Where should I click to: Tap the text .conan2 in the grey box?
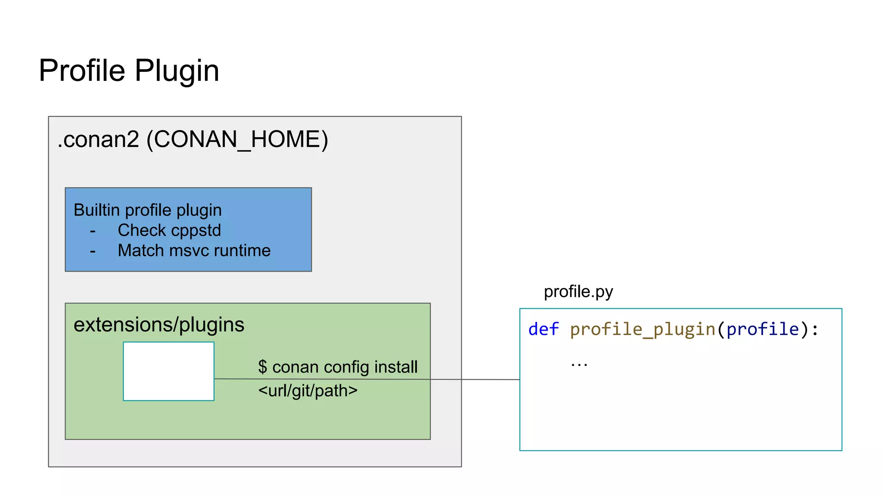point(99,139)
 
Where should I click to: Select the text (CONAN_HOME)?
point(237,139)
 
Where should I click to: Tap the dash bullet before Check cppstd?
point(93,231)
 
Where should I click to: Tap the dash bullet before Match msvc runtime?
point(93,251)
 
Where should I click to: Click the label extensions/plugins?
point(159,325)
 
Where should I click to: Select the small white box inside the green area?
point(168,371)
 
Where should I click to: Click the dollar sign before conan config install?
point(263,367)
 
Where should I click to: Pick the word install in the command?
point(396,367)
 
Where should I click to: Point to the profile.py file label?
point(578,292)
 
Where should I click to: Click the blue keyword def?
point(543,329)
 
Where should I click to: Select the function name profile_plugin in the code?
point(643,329)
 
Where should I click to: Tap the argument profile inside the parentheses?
point(762,329)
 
